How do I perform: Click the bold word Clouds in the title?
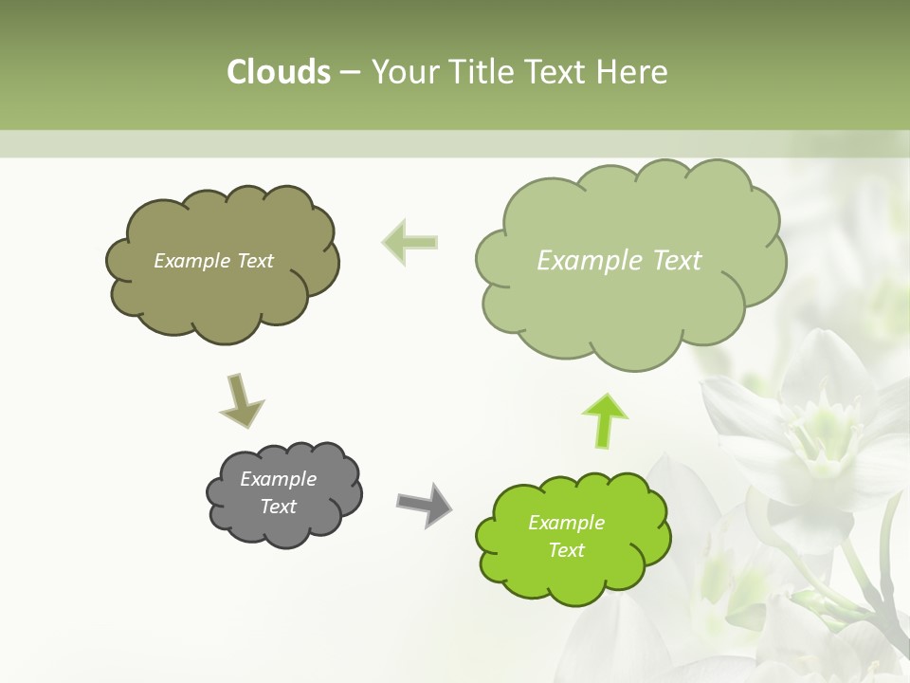[x=279, y=72]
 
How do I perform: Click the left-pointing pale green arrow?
[x=410, y=241]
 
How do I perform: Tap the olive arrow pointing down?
[x=241, y=400]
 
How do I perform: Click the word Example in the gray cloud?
[x=278, y=479]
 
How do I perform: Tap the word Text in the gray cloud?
[x=278, y=507]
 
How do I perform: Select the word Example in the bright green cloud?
[x=566, y=523]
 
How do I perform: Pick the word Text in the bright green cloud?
[x=566, y=550]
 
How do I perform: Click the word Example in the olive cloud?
[x=191, y=261]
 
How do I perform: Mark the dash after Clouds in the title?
[x=349, y=73]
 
